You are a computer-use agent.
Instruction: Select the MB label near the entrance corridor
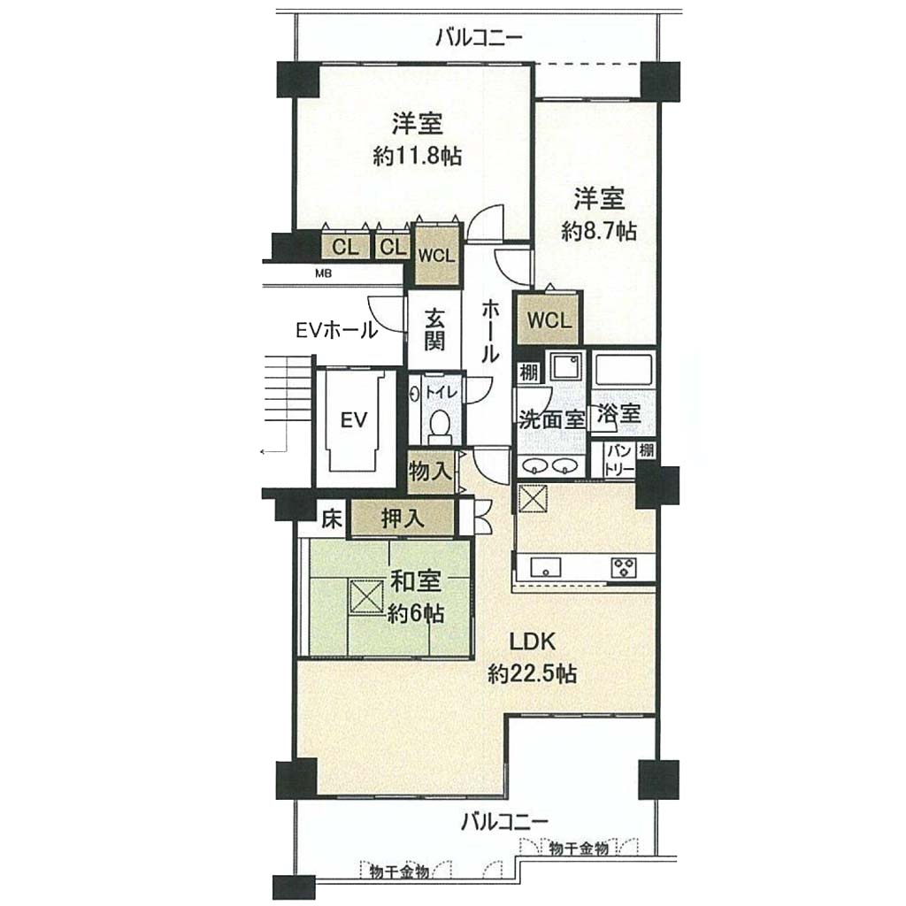click(324, 274)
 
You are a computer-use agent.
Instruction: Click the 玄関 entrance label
click(434, 330)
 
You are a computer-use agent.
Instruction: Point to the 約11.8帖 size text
click(418, 156)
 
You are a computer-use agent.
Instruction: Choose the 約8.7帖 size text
click(599, 232)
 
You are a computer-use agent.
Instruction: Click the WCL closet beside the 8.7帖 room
click(549, 319)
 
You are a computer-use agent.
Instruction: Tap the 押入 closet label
click(403, 518)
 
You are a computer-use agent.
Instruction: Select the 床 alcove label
click(333, 518)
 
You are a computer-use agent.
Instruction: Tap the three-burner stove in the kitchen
click(624, 566)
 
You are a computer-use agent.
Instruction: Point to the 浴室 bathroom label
click(618, 414)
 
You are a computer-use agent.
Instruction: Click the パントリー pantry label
click(619, 460)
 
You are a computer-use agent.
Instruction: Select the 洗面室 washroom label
click(552, 418)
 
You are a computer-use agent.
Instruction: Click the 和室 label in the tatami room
click(416, 581)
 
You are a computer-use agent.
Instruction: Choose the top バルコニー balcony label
click(479, 38)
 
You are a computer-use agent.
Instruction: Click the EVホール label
click(336, 330)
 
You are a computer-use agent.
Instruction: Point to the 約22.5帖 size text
click(532, 673)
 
